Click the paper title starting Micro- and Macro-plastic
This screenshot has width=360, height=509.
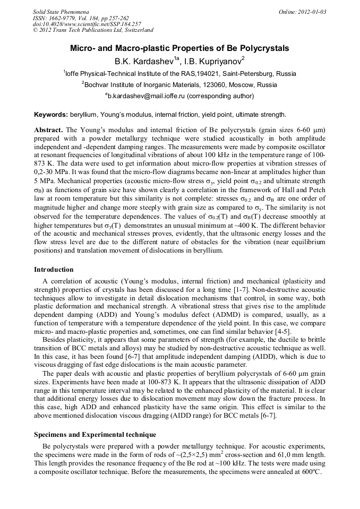pos(179,48)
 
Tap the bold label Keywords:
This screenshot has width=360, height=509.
pos(50,115)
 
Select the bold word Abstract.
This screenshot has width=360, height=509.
pos(48,129)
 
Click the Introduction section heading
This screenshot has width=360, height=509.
pos(54,270)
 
